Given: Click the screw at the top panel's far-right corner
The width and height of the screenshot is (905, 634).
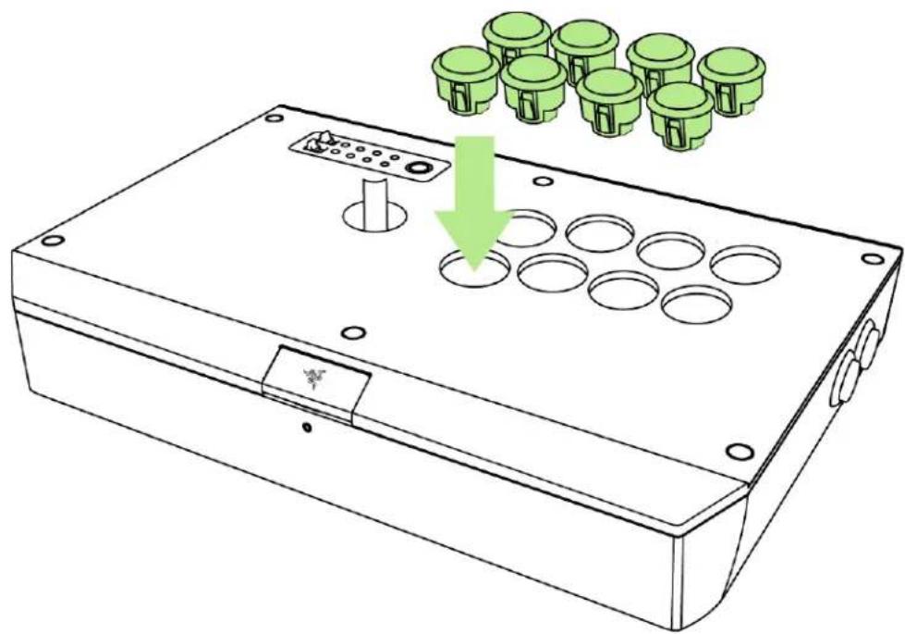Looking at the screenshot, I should (x=867, y=261).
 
